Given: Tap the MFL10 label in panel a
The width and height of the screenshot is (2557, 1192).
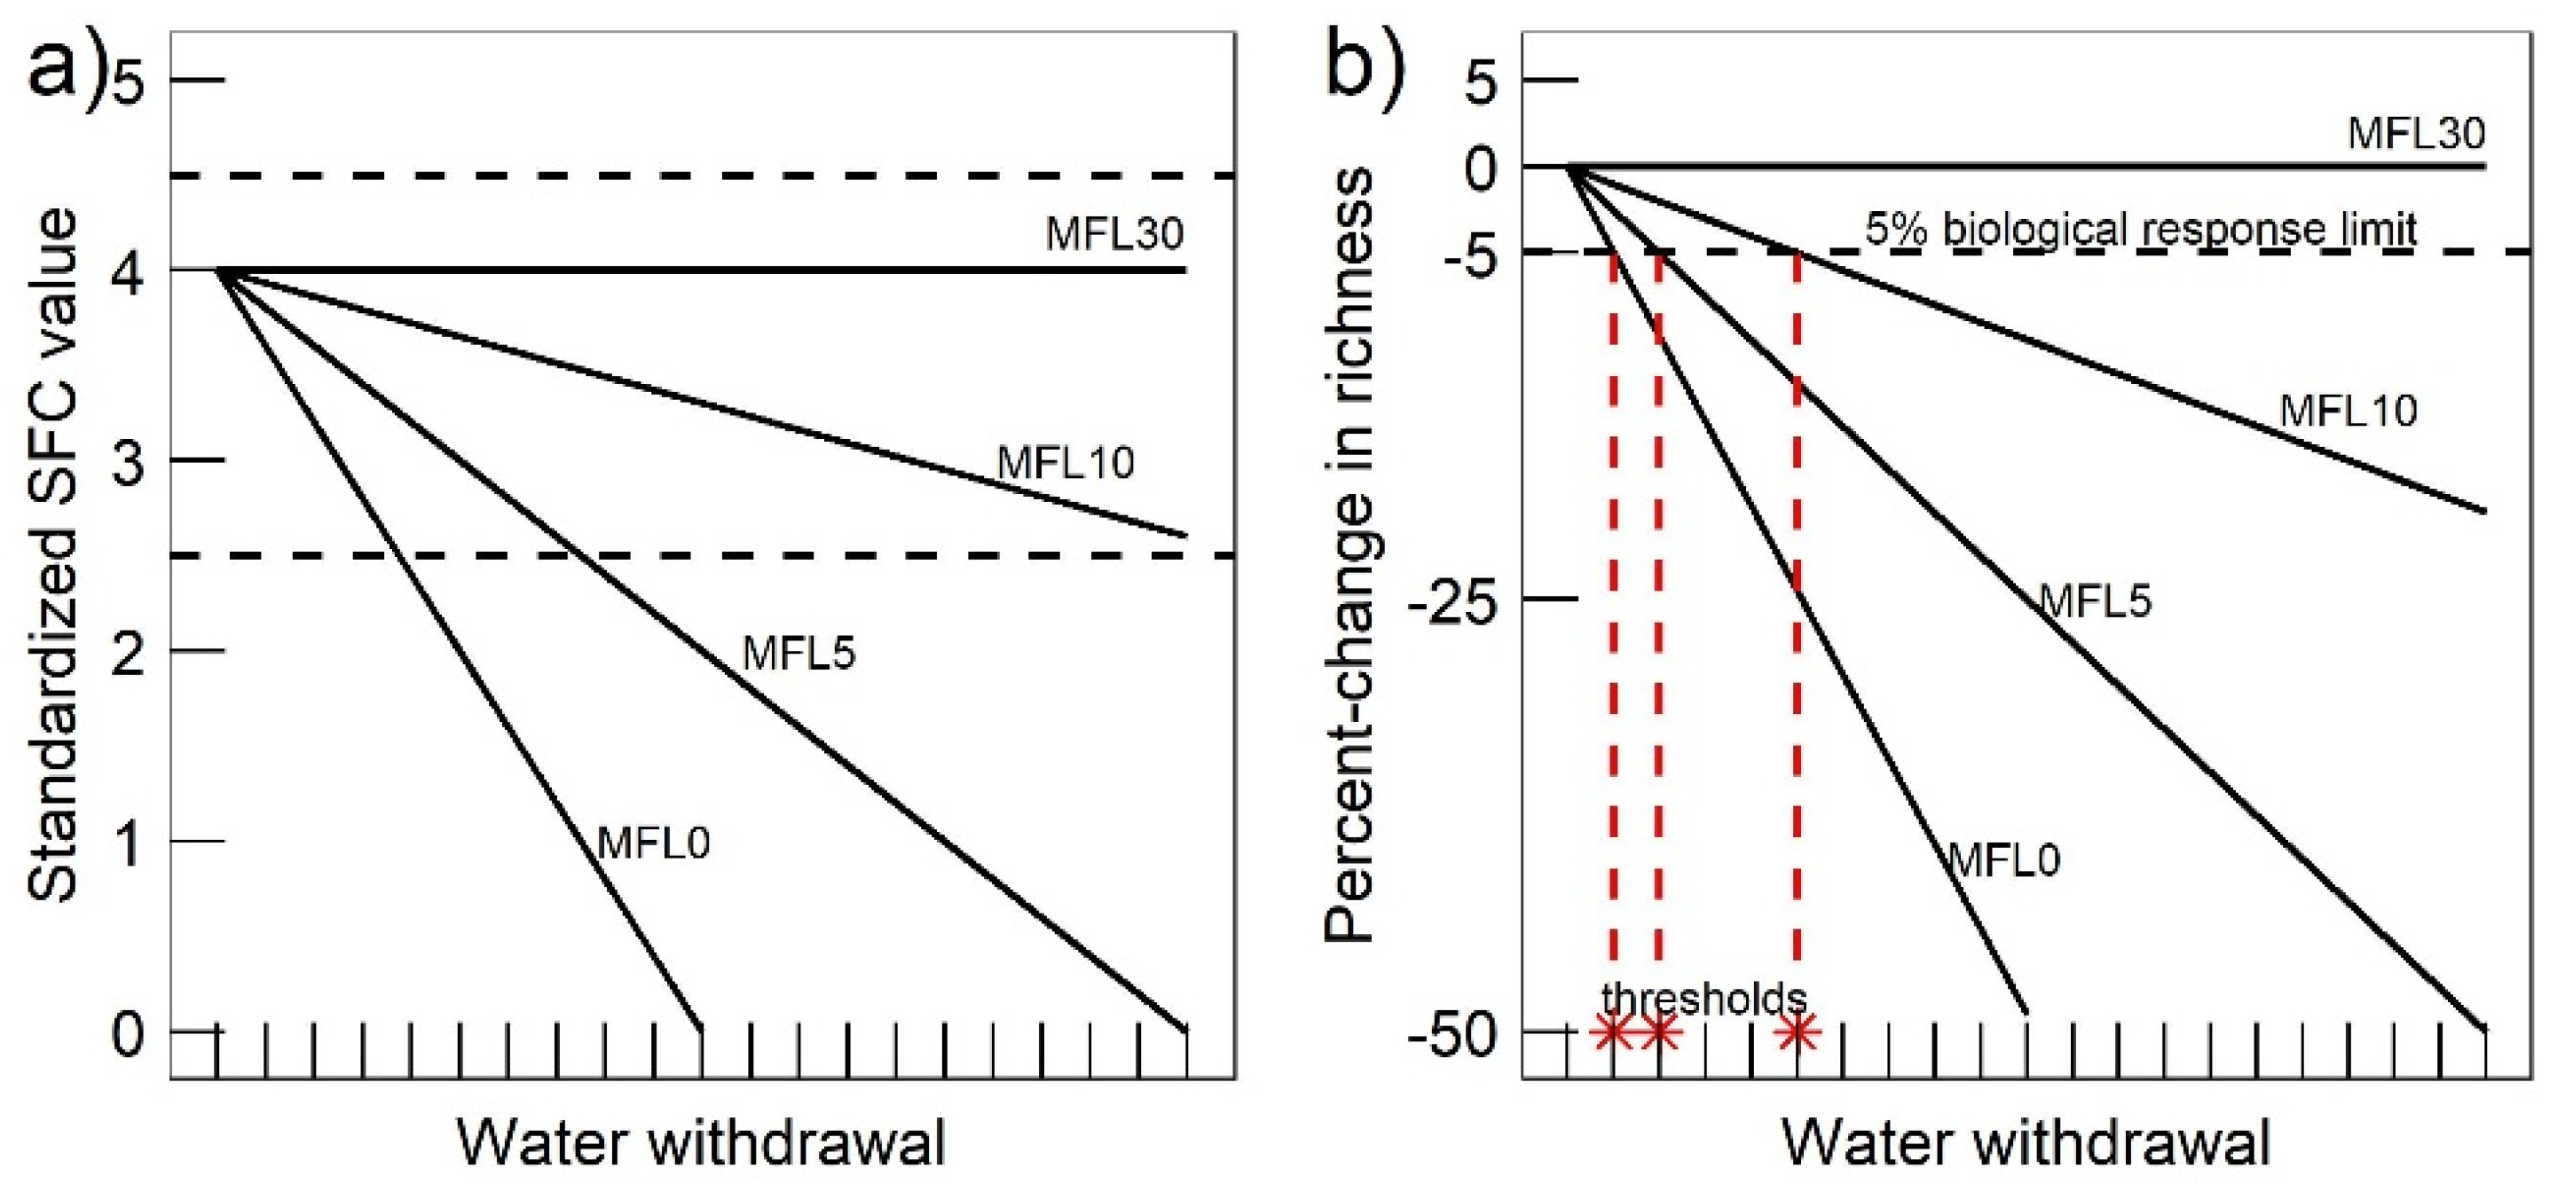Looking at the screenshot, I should tap(1065, 464).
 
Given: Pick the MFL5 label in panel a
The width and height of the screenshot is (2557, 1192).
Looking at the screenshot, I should tap(799, 653).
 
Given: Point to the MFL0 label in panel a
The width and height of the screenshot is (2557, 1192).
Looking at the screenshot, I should tap(653, 843).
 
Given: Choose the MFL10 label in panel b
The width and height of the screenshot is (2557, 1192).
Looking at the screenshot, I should tap(2348, 411).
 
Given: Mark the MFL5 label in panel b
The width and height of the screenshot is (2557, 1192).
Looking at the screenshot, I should tap(2095, 601).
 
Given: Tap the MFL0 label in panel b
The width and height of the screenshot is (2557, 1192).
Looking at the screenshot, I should tap(2004, 859).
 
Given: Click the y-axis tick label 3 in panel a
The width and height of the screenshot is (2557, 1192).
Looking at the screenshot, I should tap(129, 461).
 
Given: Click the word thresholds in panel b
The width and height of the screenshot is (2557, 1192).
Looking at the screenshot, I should tap(1704, 999).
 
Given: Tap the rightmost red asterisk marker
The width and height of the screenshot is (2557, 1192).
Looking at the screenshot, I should tap(1797, 1033).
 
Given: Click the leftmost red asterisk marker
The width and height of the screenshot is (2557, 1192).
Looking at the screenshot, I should tap(1612, 1033).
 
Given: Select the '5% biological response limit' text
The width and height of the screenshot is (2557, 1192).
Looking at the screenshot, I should tap(2140, 231).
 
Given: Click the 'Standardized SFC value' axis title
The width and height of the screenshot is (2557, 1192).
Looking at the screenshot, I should tap(51, 556).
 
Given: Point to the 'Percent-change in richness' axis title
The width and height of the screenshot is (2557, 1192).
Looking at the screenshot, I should tap(1350, 556).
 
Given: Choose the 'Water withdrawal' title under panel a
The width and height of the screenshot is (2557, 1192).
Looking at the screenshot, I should tap(701, 1143).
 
